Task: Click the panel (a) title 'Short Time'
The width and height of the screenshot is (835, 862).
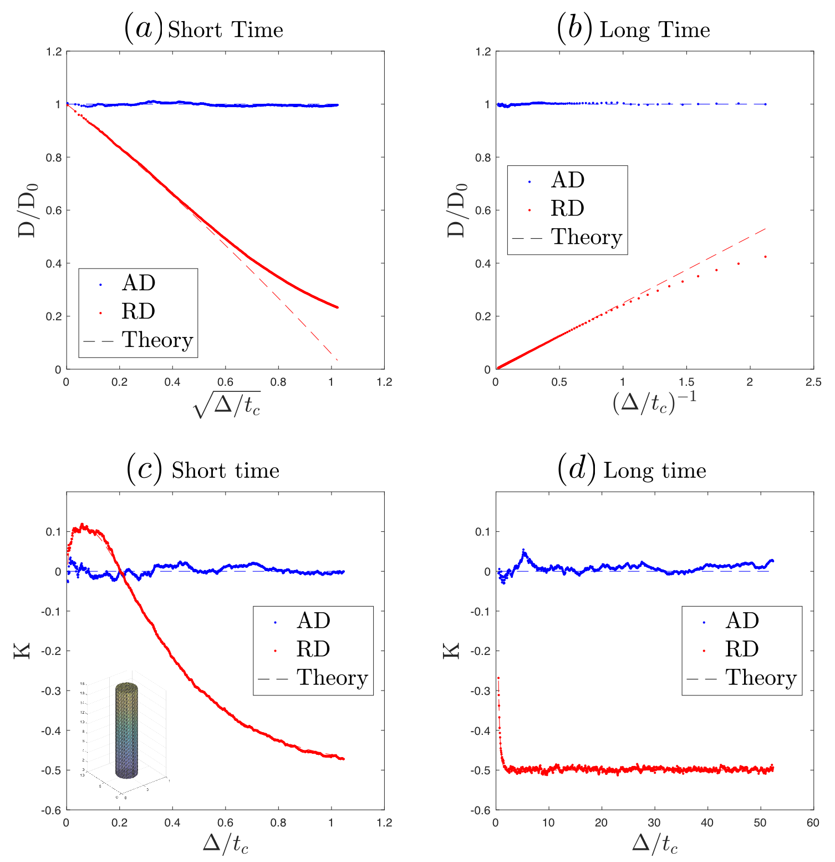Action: click(x=225, y=30)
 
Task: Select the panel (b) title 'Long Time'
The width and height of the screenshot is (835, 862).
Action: click(x=654, y=30)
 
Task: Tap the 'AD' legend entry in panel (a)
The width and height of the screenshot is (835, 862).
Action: click(x=138, y=283)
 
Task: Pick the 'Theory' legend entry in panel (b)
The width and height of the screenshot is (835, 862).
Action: click(x=586, y=237)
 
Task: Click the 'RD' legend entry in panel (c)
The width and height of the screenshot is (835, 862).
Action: click(x=313, y=649)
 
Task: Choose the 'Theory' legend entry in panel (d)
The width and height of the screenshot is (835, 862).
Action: click(x=760, y=678)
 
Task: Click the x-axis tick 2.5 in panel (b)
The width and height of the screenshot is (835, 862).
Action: click(x=813, y=382)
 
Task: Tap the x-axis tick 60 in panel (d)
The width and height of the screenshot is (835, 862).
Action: click(x=813, y=823)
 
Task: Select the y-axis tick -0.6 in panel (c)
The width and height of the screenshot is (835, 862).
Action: click(x=50, y=810)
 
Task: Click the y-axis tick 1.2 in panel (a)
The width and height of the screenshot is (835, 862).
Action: click(x=54, y=52)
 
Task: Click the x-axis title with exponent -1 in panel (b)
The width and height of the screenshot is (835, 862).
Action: click(x=654, y=402)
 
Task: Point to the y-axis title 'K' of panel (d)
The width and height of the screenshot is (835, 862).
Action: click(x=451, y=651)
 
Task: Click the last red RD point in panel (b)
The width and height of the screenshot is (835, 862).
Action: click(x=765, y=256)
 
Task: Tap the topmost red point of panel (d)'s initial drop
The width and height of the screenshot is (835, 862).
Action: click(x=498, y=678)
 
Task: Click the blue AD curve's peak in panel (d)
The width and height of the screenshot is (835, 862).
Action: click(x=523, y=550)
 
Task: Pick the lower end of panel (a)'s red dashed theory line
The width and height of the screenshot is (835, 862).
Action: click(x=337, y=360)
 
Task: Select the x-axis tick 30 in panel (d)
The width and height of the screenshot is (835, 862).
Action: click(x=654, y=823)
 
